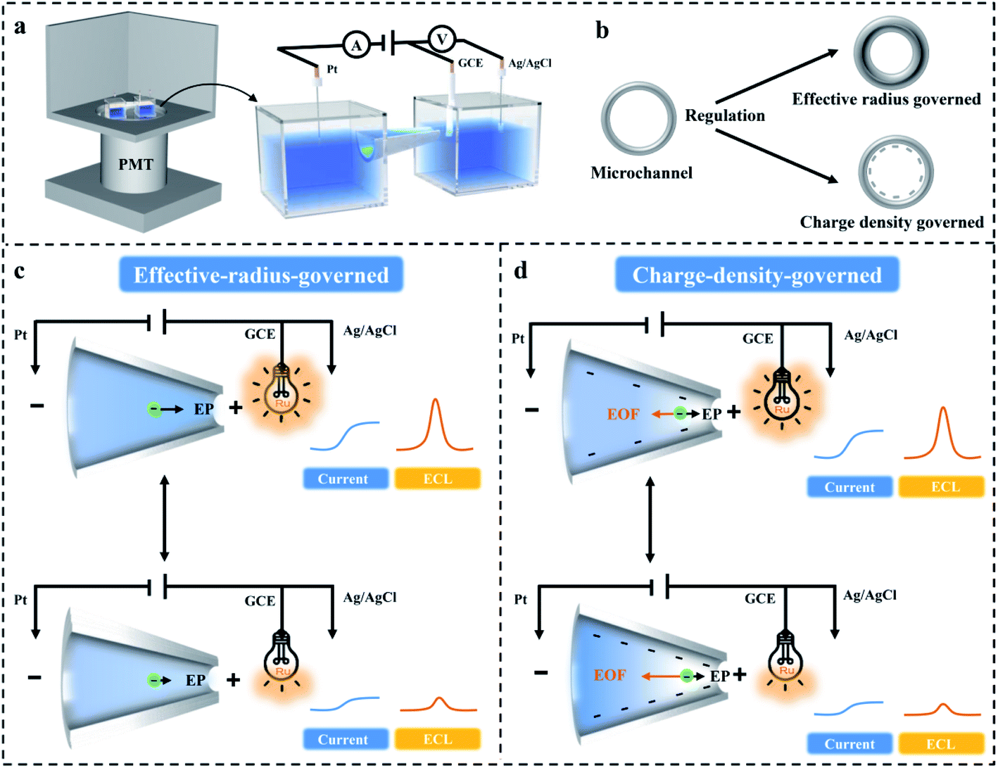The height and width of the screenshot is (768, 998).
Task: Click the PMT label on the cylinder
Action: tap(135, 165)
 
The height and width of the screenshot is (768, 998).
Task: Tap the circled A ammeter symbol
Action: tap(356, 46)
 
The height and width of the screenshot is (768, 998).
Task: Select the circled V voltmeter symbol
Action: tap(442, 39)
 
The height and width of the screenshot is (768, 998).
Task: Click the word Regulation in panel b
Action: tap(725, 115)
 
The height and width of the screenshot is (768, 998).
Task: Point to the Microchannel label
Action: tap(641, 172)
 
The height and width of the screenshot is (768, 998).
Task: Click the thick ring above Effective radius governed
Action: tap(891, 53)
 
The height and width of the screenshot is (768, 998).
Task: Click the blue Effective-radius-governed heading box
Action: tap(261, 275)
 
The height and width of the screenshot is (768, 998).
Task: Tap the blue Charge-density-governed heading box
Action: tap(757, 275)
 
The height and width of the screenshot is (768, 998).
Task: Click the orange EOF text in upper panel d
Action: tap(623, 414)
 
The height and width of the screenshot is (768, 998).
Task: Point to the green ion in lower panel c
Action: tap(154, 680)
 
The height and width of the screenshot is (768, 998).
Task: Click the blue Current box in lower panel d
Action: tap(849, 744)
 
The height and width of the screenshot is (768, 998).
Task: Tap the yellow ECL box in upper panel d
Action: tap(942, 487)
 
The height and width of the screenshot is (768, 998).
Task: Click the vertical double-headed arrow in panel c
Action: tap(164, 517)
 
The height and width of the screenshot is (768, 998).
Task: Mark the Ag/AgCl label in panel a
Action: tap(530, 63)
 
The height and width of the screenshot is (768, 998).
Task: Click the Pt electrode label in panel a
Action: tap(332, 70)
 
